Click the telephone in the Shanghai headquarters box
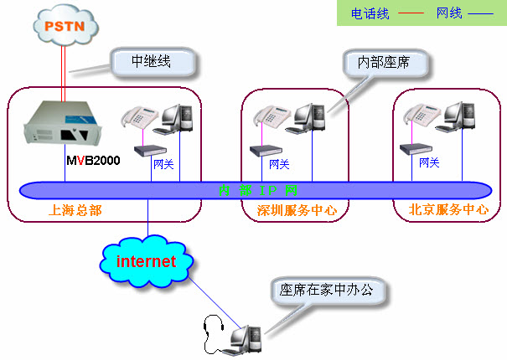138,118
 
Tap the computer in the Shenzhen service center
307,119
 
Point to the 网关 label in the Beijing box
429,162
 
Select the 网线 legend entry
449,13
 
